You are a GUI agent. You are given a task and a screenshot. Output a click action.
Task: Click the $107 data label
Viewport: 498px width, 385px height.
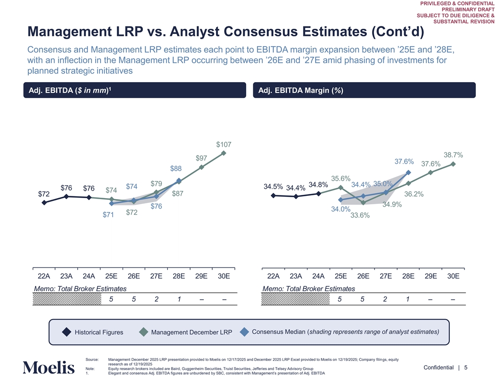click(224, 144)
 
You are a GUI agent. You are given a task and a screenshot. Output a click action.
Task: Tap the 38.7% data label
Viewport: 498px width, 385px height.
click(453, 155)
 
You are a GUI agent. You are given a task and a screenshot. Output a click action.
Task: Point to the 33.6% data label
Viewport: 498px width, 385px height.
click(360, 216)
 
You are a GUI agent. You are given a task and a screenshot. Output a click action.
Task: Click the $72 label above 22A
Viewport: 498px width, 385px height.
click(44, 194)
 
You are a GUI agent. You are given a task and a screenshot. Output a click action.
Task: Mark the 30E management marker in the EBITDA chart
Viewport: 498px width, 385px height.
click(224, 153)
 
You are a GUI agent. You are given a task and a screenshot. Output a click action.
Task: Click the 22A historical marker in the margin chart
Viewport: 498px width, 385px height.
click(274, 196)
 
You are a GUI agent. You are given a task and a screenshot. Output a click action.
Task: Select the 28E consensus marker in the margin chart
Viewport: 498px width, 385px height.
click(408, 173)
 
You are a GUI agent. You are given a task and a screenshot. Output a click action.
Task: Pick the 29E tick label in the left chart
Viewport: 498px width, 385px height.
click(201, 276)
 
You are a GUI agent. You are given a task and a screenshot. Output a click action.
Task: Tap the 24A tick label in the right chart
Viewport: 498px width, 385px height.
click(318, 276)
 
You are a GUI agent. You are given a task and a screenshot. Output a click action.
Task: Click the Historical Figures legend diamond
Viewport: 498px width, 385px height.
click(67, 332)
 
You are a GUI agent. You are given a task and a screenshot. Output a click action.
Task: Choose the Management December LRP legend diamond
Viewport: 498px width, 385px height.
click(144, 332)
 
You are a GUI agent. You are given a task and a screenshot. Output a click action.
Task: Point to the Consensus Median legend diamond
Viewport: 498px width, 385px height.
click(244, 332)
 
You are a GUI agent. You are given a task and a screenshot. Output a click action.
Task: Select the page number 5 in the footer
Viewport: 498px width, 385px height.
click(465, 368)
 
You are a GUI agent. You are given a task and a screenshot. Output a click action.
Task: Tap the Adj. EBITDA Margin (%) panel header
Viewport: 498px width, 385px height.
click(299, 91)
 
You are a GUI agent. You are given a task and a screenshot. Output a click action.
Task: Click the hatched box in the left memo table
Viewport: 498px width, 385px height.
click(67, 299)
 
